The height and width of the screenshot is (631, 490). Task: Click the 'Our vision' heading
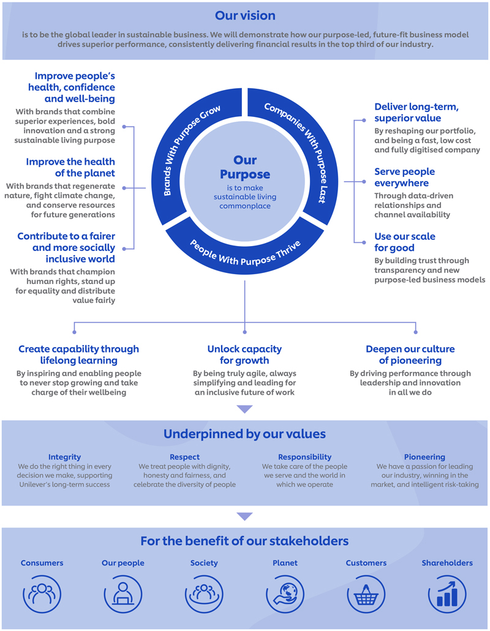pyautogui.click(x=245, y=15)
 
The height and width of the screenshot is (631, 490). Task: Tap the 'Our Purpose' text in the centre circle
pyautogui.click(x=245, y=168)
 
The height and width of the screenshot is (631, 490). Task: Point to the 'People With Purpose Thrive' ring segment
pyautogui.click(x=245, y=254)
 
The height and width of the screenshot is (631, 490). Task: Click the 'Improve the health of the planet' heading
pyautogui.click(x=70, y=167)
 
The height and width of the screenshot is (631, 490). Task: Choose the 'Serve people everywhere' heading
pyautogui.click(x=404, y=177)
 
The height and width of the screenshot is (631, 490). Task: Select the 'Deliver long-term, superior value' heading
pyautogui.click(x=416, y=113)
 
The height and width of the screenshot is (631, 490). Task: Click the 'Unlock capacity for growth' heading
pyautogui.click(x=244, y=354)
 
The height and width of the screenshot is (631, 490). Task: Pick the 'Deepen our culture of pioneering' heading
pyautogui.click(x=410, y=354)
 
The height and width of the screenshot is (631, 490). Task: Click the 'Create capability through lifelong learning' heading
pyautogui.click(x=78, y=354)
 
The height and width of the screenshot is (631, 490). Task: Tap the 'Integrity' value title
pyautogui.click(x=64, y=457)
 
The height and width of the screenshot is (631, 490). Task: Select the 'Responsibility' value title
pyautogui.click(x=304, y=457)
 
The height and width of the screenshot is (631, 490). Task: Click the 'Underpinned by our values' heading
pyautogui.click(x=244, y=434)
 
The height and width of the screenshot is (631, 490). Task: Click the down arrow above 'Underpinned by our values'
pyautogui.click(x=244, y=409)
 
